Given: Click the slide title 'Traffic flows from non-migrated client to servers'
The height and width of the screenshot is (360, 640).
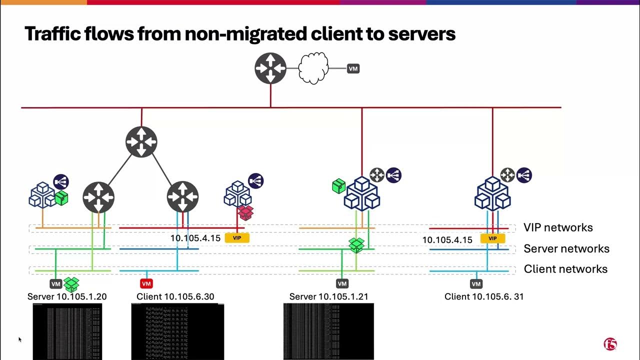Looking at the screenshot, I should click(240, 33).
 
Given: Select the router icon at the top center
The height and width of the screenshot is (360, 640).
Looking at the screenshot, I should click(270, 68).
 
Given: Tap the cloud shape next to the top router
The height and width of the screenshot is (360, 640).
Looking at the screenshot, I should click(313, 68).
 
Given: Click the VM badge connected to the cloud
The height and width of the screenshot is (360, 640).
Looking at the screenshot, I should click(353, 68).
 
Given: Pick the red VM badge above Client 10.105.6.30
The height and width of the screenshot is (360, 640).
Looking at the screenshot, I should click(146, 284).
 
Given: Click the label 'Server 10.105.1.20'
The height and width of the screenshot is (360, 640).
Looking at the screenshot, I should click(67, 296).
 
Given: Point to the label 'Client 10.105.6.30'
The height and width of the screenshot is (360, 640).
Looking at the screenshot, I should click(175, 296).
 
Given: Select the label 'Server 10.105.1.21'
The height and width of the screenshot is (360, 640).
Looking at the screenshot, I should click(328, 296).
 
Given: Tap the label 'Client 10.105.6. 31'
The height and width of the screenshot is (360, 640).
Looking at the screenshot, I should click(484, 296).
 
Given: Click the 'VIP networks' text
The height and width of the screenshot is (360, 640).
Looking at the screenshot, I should click(558, 227).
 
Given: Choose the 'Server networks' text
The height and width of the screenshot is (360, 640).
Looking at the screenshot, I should click(566, 248).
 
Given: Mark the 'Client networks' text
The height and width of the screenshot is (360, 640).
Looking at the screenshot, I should click(565, 269).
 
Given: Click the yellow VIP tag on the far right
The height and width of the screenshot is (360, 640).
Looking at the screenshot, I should click(492, 238).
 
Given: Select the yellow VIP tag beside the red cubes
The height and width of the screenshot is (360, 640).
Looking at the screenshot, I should click(237, 238).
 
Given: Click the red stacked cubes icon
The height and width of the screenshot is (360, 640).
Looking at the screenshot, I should click(245, 212).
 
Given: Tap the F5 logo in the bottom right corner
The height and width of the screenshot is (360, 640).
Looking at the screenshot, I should click(610, 344).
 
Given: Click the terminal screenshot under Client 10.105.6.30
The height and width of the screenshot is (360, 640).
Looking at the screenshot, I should click(177, 331).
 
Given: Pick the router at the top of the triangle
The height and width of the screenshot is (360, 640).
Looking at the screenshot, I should click(141, 142).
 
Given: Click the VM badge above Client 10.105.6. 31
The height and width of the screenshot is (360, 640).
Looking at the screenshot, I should click(476, 284).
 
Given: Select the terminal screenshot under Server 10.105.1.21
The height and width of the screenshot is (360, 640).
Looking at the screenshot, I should click(328, 331).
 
